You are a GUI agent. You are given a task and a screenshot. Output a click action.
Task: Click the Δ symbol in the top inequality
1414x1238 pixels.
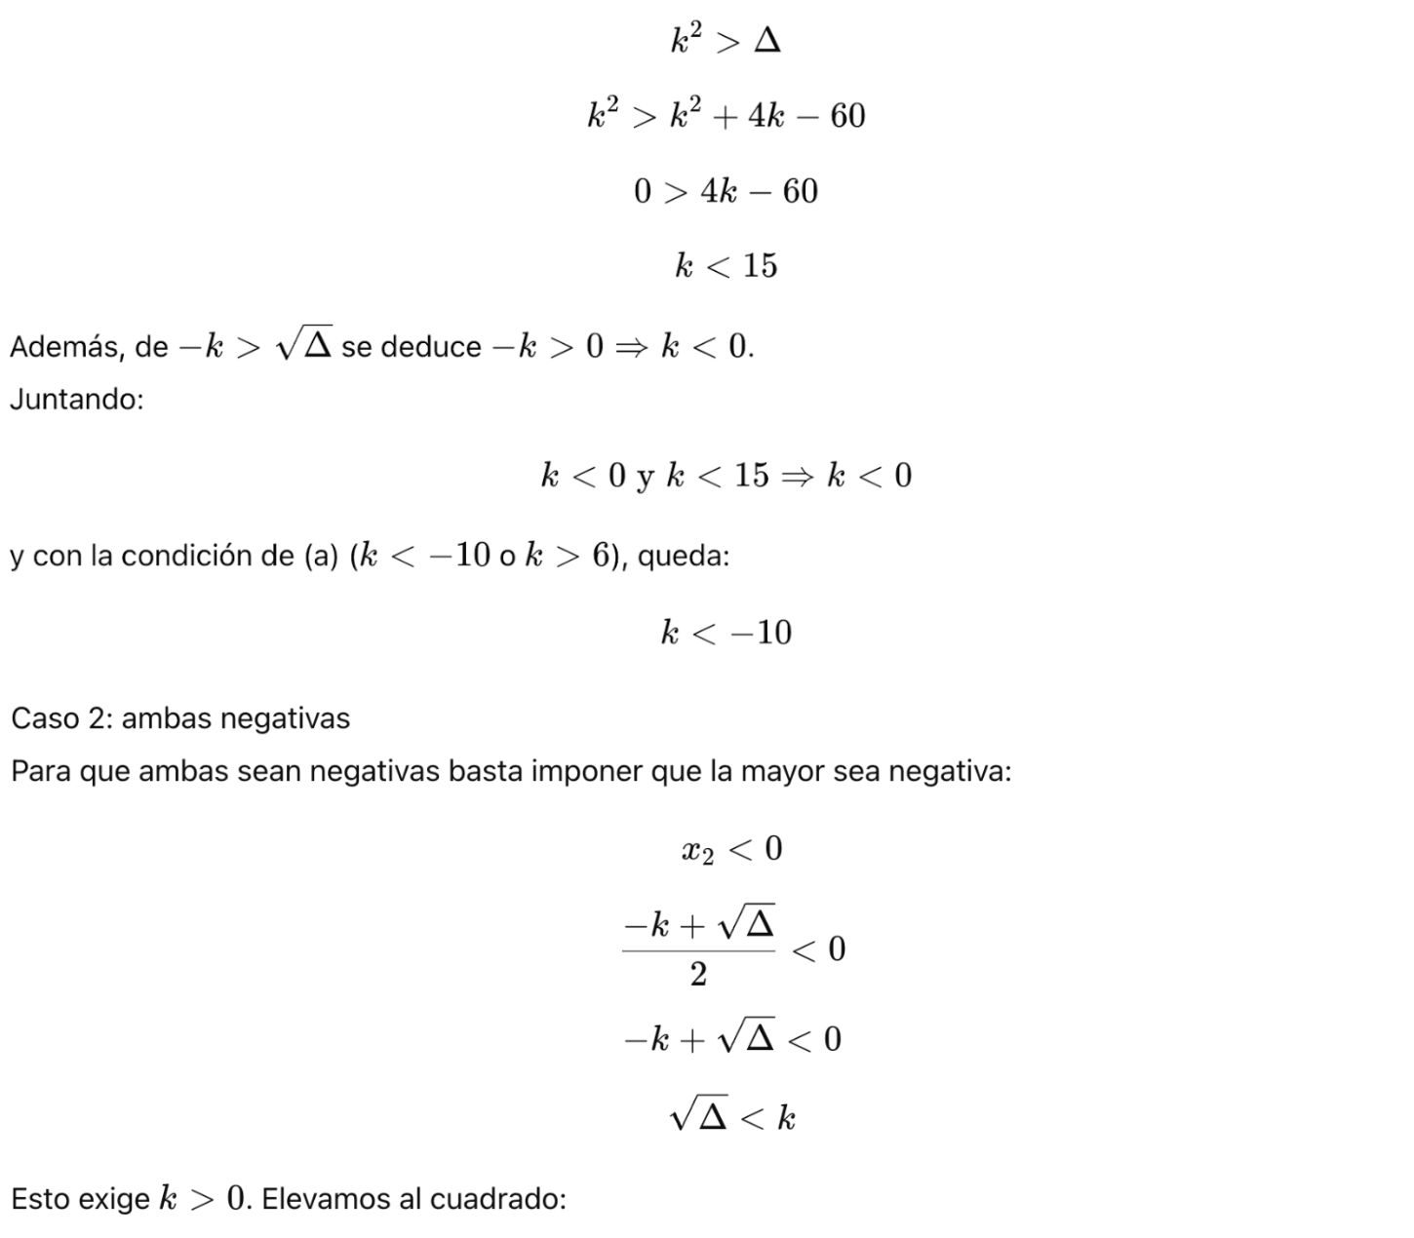point(767,42)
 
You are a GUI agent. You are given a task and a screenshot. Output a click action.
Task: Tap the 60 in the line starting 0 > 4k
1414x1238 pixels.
point(800,192)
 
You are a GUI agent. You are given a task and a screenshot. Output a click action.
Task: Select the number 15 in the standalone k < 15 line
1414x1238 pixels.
point(760,266)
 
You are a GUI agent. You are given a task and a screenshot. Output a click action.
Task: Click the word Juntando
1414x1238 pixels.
point(75,400)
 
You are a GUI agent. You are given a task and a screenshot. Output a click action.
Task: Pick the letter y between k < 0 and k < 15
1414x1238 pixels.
point(645,478)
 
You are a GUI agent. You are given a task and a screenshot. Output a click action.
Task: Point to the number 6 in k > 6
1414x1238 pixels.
point(601,557)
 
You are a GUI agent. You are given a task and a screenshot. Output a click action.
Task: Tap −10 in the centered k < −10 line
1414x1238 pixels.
point(762,634)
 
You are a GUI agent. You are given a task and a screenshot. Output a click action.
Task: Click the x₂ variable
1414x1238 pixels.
point(697,851)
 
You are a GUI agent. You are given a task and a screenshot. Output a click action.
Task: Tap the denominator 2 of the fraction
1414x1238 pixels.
point(698,974)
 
